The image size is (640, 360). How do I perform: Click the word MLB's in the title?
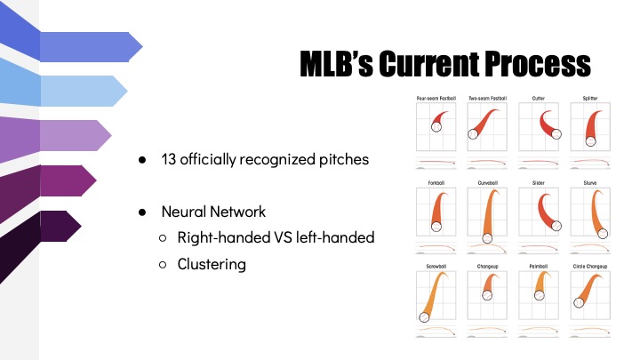pyautogui.click(x=336, y=64)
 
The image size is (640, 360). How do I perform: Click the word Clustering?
pyautogui.click(x=212, y=265)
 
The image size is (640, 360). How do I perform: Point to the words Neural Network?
pyautogui.click(x=213, y=212)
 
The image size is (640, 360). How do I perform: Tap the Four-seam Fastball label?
pyautogui.click(x=436, y=99)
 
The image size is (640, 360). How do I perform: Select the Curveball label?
pyautogui.click(x=487, y=183)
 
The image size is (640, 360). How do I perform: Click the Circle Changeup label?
pyautogui.click(x=590, y=266)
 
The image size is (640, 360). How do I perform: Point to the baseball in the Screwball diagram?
pyautogui.click(x=424, y=316)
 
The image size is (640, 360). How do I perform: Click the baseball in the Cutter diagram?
pyautogui.click(x=556, y=134)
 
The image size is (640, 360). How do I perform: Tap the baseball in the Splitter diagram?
pyautogui.click(x=590, y=141)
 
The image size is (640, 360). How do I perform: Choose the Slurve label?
pyautogui.click(x=590, y=183)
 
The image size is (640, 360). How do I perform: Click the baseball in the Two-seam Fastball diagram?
pyautogui.click(x=473, y=134)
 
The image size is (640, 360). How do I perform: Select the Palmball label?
pyautogui.click(x=539, y=266)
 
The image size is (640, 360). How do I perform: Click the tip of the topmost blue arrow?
pyautogui.click(x=142, y=47)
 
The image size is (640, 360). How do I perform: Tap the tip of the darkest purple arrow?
pyautogui.click(x=81, y=226)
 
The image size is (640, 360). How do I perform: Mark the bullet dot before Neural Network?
pyautogui.click(x=142, y=212)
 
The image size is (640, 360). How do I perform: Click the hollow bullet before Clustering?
pyautogui.click(x=163, y=265)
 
